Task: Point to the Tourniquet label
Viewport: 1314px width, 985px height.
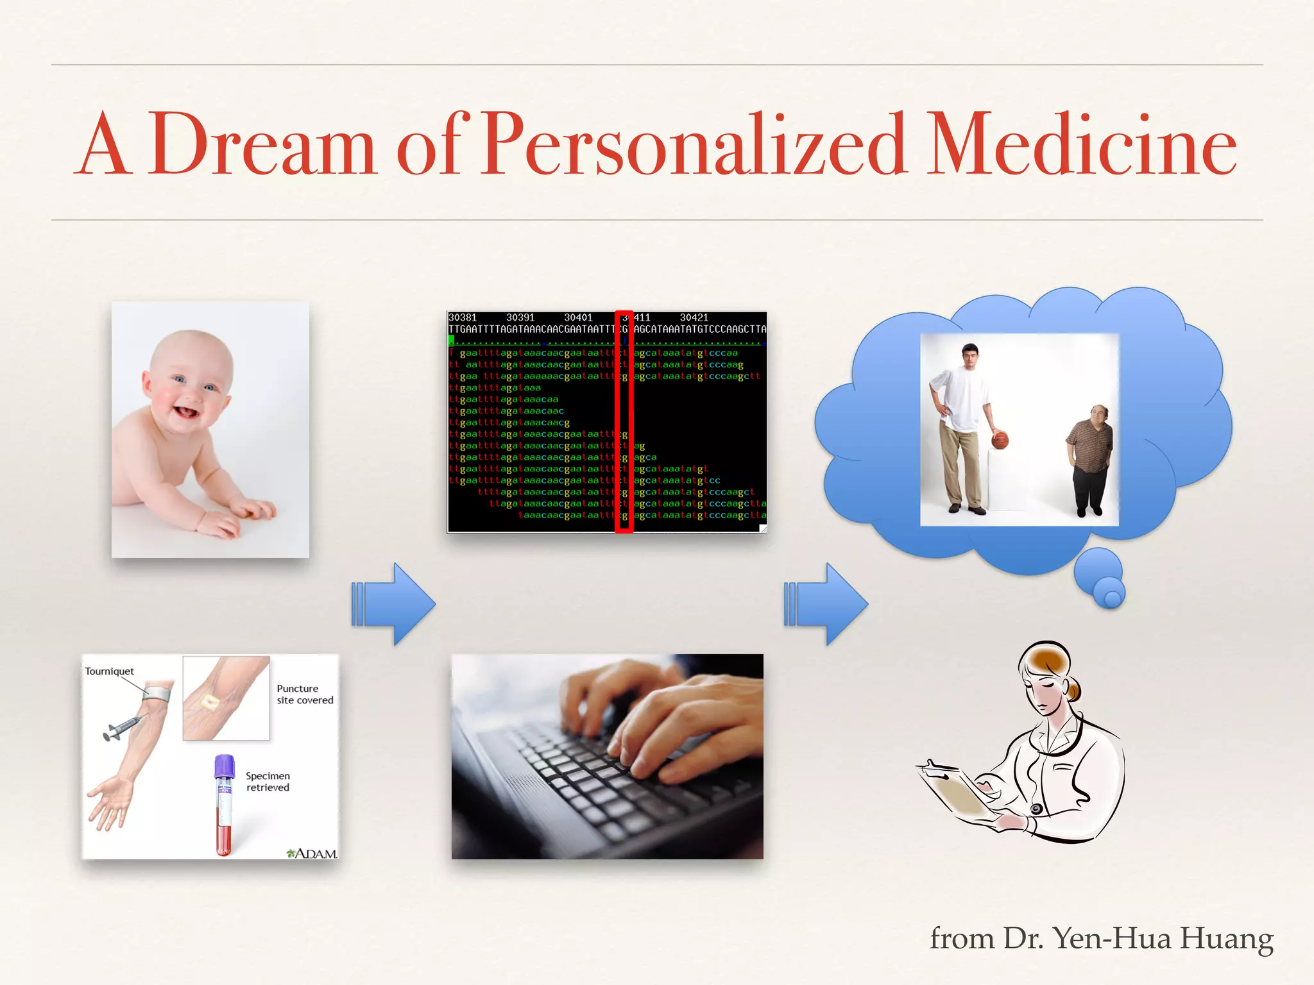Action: (109, 671)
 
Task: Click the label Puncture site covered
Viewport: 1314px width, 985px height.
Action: (305, 695)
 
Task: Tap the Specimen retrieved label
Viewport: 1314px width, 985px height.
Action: (268, 782)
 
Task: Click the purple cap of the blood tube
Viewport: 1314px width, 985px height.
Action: (224, 764)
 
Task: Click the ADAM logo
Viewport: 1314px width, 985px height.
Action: (312, 854)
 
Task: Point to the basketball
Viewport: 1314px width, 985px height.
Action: (1000, 441)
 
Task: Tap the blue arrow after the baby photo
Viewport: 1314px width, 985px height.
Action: (393, 603)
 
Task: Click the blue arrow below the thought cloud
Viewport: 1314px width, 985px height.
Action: (826, 603)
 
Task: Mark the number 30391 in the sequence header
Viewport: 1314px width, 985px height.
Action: (520, 317)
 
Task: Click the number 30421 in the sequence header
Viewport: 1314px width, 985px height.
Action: (694, 317)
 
